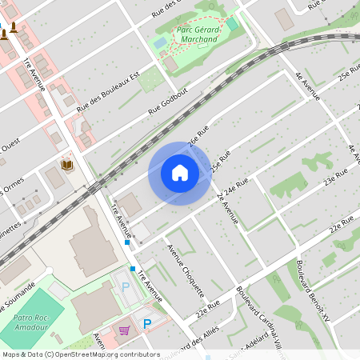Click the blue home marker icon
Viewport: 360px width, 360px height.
(180, 173)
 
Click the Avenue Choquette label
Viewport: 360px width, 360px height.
(186, 269)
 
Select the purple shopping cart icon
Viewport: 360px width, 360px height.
(124, 329)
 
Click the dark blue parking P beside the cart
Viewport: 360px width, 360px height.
(146, 323)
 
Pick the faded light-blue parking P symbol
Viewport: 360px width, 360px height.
(125, 286)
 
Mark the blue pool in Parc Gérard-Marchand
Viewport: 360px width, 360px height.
(161, 41)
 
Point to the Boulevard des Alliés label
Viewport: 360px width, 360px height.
(182, 342)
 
